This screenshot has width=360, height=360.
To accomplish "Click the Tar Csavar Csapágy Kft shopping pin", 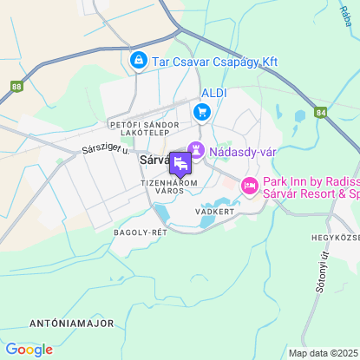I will click(x=138, y=60).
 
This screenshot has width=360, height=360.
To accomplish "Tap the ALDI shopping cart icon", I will click(x=202, y=110).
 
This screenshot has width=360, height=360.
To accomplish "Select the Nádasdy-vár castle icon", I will click(x=197, y=150).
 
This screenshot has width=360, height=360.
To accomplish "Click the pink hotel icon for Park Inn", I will click(x=250, y=186).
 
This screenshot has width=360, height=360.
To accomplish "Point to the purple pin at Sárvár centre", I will click(x=180, y=163).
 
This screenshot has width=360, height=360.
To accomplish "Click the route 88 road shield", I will click(x=17, y=86).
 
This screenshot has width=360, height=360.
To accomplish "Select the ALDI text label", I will click(x=213, y=92).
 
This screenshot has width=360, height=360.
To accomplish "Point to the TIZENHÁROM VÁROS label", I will click(x=169, y=187).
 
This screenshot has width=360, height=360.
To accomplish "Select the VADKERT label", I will click(x=215, y=211).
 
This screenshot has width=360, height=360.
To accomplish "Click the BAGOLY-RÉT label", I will click(x=140, y=232).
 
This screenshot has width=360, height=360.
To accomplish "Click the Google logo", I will click(x=29, y=350).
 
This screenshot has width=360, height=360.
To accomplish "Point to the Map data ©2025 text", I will click(x=323, y=353).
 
